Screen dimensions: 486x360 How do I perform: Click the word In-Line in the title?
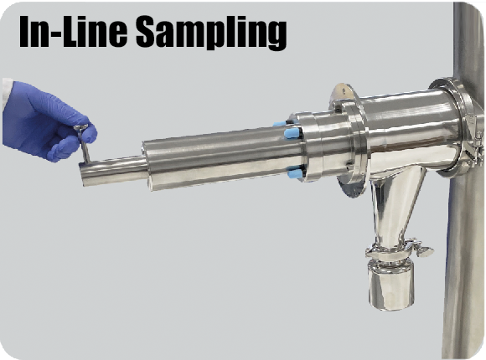coord(74,31)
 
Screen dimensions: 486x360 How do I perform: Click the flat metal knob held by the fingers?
coord(80,126)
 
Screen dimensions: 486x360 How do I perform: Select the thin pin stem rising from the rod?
coord(85,146)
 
